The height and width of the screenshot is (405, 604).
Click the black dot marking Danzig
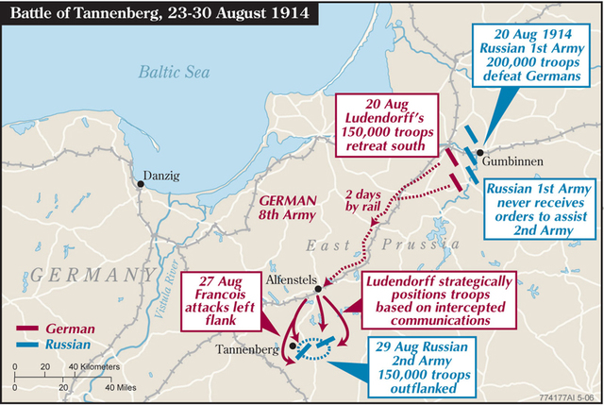141,184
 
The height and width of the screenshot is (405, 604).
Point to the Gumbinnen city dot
479,153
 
